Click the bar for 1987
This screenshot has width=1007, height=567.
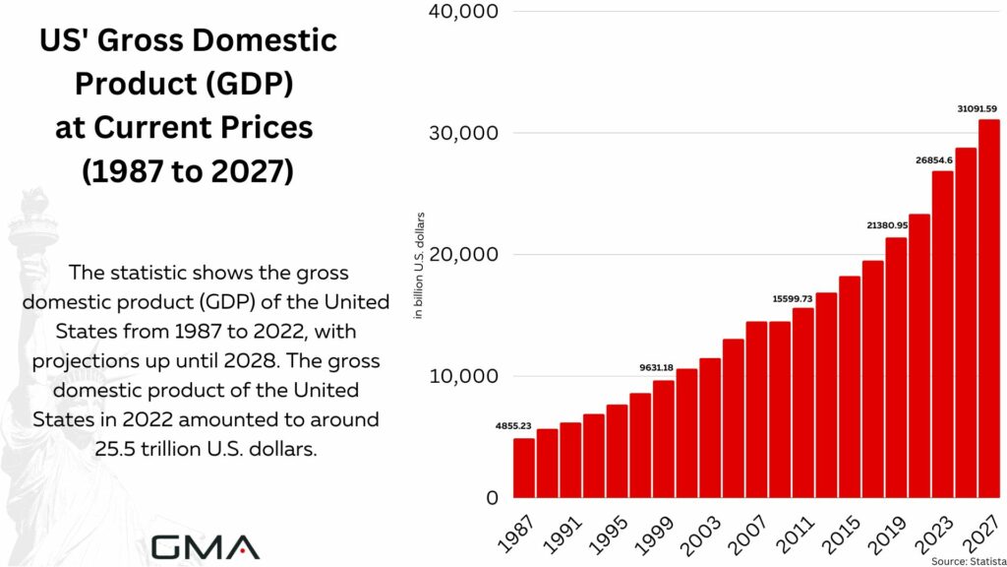coord(524,468)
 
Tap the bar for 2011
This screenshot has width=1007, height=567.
coord(802,403)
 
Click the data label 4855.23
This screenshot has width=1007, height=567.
coord(513,425)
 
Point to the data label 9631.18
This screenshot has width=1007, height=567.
coord(653,368)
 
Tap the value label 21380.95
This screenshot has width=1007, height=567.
coord(886,225)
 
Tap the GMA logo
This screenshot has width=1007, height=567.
coord(206,546)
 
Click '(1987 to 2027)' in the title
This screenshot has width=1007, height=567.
coord(188,170)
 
